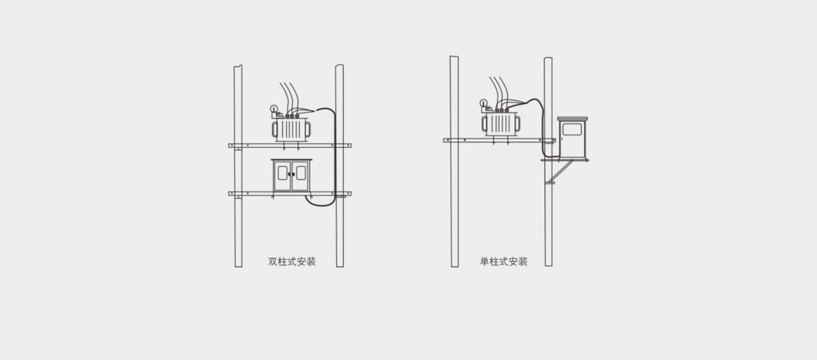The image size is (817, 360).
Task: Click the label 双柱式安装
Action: point(292,261)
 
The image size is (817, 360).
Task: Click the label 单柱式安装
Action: point(503,261)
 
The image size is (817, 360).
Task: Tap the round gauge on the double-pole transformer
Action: point(274,109)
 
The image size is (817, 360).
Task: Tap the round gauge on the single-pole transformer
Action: point(483,103)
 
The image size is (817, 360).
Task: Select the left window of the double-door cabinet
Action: point(282,173)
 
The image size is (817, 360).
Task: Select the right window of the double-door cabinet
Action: point(301,173)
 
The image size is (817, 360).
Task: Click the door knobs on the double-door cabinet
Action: point(292,174)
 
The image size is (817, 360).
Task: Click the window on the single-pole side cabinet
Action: point(572,129)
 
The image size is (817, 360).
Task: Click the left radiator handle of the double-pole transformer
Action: point(274,130)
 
